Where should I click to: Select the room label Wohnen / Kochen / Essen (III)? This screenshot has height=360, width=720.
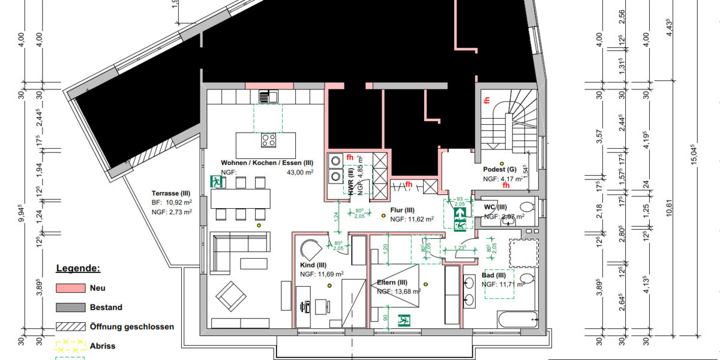click(267, 163)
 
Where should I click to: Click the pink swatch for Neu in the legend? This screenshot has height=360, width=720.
click(71, 288)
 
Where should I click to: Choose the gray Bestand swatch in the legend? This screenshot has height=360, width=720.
click(71, 307)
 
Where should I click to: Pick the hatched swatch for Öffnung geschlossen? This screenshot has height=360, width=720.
click(71, 327)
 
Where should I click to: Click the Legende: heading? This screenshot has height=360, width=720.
click(78, 268)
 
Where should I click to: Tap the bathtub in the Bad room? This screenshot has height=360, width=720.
click(517, 319)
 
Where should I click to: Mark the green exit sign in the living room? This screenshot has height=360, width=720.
click(215, 181)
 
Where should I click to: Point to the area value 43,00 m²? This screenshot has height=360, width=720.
click(301, 172)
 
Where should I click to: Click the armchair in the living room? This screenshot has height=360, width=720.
click(231, 295)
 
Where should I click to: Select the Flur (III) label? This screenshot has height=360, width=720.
click(402, 210)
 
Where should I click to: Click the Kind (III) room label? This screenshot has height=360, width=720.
click(313, 265)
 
